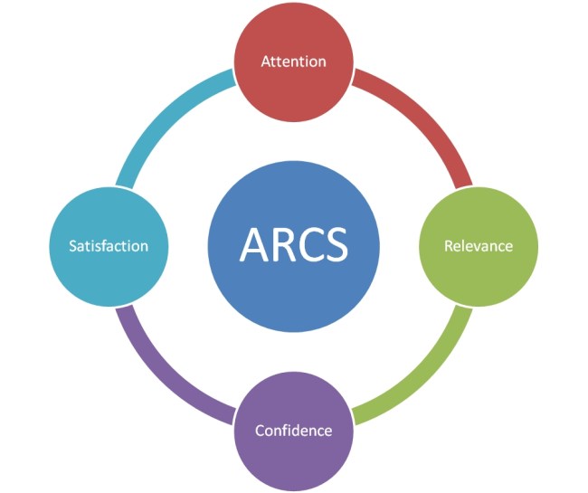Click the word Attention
(x=294, y=62)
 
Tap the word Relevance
(x=479, y=246)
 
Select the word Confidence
(x=294, y=431)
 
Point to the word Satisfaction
(x=109, y=246)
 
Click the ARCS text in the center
(x=294, y=245)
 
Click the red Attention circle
(x=294, y=62)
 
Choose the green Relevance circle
(x=479, y=246)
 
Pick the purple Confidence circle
(x=294, y=431)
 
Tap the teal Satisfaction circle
(x=109, y=246)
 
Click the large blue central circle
(x=294, y=246)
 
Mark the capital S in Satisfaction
(x=73, y=246)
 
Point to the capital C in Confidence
(x=261, y=431)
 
